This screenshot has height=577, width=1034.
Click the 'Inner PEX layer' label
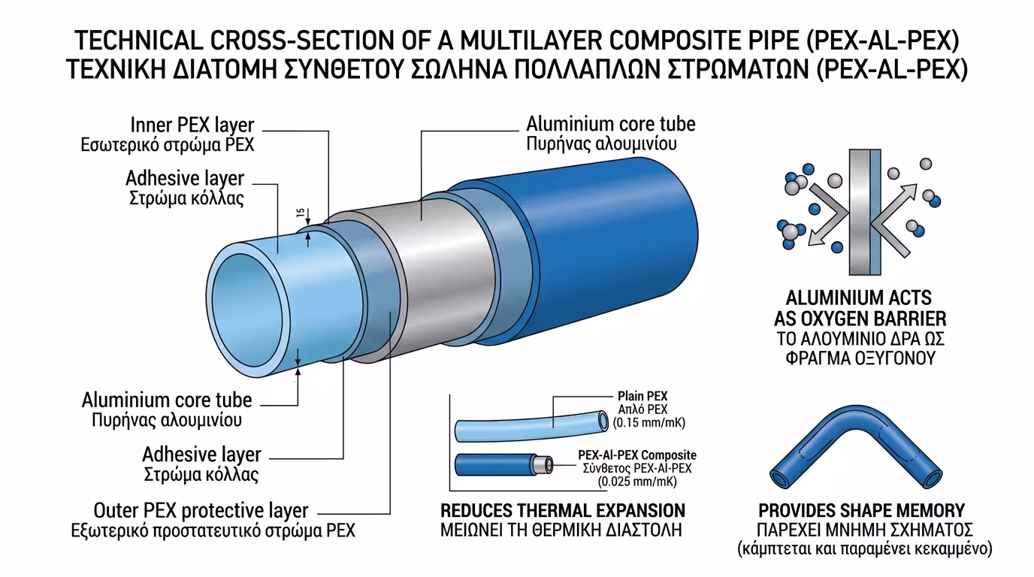click(x=192, y=124)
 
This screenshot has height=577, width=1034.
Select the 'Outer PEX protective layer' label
click(x=201, y=510)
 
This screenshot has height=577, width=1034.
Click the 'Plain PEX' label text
click(x=642, y=396)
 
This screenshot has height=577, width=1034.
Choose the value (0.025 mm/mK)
click(x=636, y=482)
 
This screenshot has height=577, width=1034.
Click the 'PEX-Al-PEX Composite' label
click(x=636, y=455)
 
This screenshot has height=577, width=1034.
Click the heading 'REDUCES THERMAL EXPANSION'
click(x=562, y=510)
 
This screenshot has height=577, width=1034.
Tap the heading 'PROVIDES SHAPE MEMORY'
click(x=861, y=510)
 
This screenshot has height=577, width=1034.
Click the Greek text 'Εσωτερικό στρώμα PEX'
click(x=168, y=145)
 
